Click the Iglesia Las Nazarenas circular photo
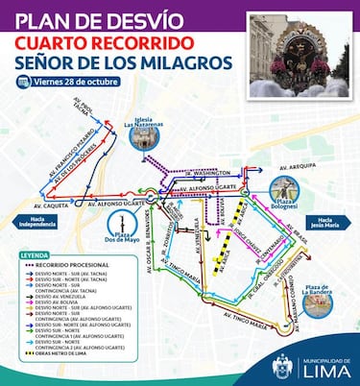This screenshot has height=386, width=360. [x=145, y=137]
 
